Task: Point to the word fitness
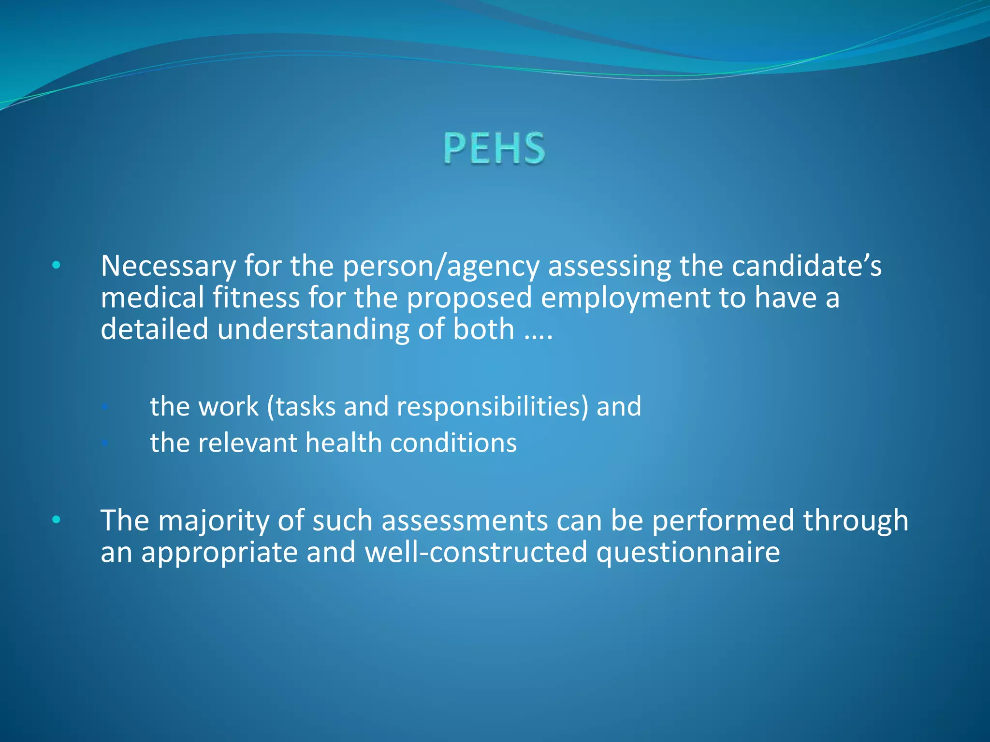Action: (256, 298)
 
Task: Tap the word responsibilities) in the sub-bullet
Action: (493, 406)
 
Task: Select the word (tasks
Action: (301, 406)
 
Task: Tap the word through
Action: (856, 521)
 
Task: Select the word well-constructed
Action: (476, 552)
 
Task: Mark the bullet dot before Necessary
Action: (57, 265)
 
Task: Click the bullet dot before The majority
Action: (57, 520)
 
